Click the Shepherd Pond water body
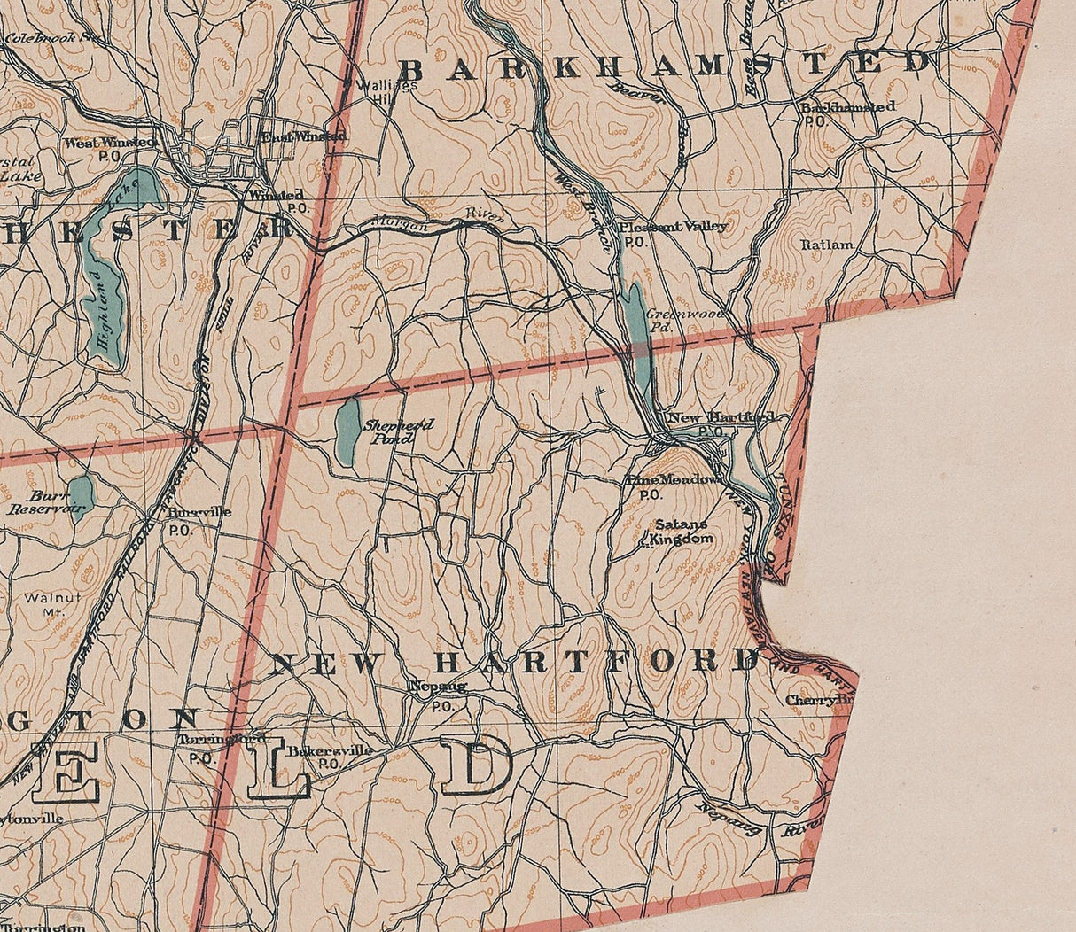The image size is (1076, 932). click(x=348, y=431)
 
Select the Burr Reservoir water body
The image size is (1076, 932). click(x=82, y=493)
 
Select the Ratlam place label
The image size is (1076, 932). click(x=827, y=245)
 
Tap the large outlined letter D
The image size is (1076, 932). click(x=476, y=764)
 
